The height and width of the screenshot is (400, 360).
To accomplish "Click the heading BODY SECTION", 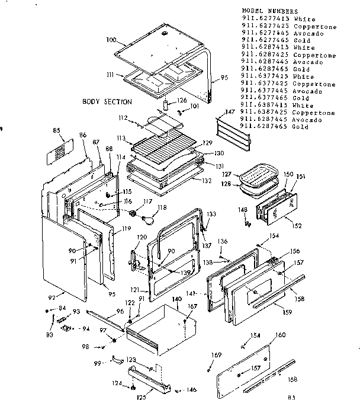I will coord(107,102).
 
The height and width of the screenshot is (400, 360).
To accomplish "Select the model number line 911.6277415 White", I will coord(278,19).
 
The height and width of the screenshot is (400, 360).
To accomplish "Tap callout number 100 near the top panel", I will coord(111,41).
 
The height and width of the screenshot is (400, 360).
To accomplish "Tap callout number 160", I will coord(280,335).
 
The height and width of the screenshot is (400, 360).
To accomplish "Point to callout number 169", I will coord(216,355).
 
